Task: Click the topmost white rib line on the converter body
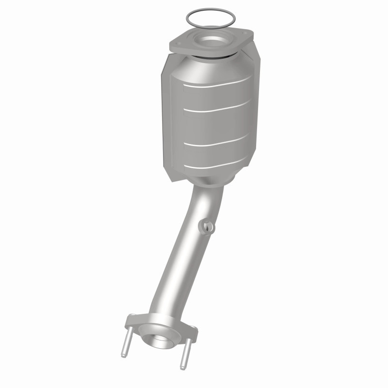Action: point(218,82)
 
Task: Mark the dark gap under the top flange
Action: point(213,57)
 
